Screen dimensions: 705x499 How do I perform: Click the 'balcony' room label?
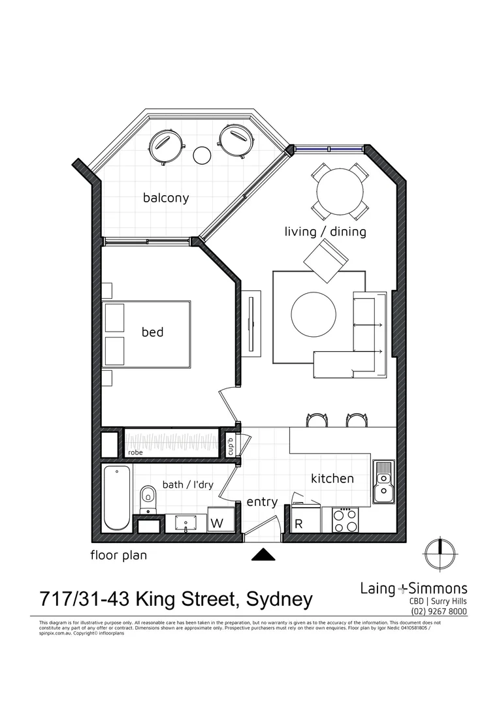click(x=166, y=198)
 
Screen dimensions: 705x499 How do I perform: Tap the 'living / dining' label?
click(x=325, y=232)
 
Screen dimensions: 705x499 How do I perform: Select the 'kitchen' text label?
click(x=332, y=478)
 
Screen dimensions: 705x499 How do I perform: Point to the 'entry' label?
click(x=262, y=502)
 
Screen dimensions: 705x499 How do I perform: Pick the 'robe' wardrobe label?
click(x=135, y=451)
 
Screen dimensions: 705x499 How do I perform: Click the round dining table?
click(x=340, y=191)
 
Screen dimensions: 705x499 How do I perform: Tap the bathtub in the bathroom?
click(x=118, y=498)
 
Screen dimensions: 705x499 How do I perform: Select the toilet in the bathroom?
click(x=148, y=499)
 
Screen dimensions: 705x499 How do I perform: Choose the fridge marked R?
click(x=299, y=524)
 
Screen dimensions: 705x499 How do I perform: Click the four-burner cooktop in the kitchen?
click(x=346, y=520)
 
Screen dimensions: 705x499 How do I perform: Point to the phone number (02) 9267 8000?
click(x=439, y=612)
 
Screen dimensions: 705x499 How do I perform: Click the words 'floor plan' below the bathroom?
click(x=118, y=556)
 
